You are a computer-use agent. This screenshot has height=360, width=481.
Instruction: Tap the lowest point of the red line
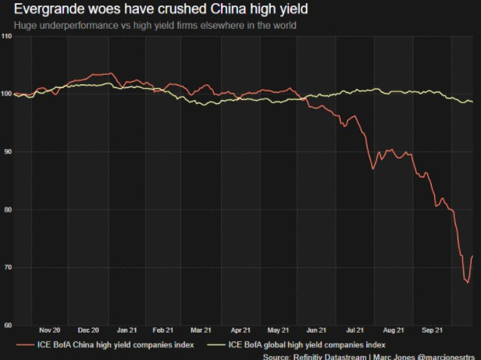[x=467, y=283]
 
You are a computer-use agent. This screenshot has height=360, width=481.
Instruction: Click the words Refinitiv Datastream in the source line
[x=328, y=355]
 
